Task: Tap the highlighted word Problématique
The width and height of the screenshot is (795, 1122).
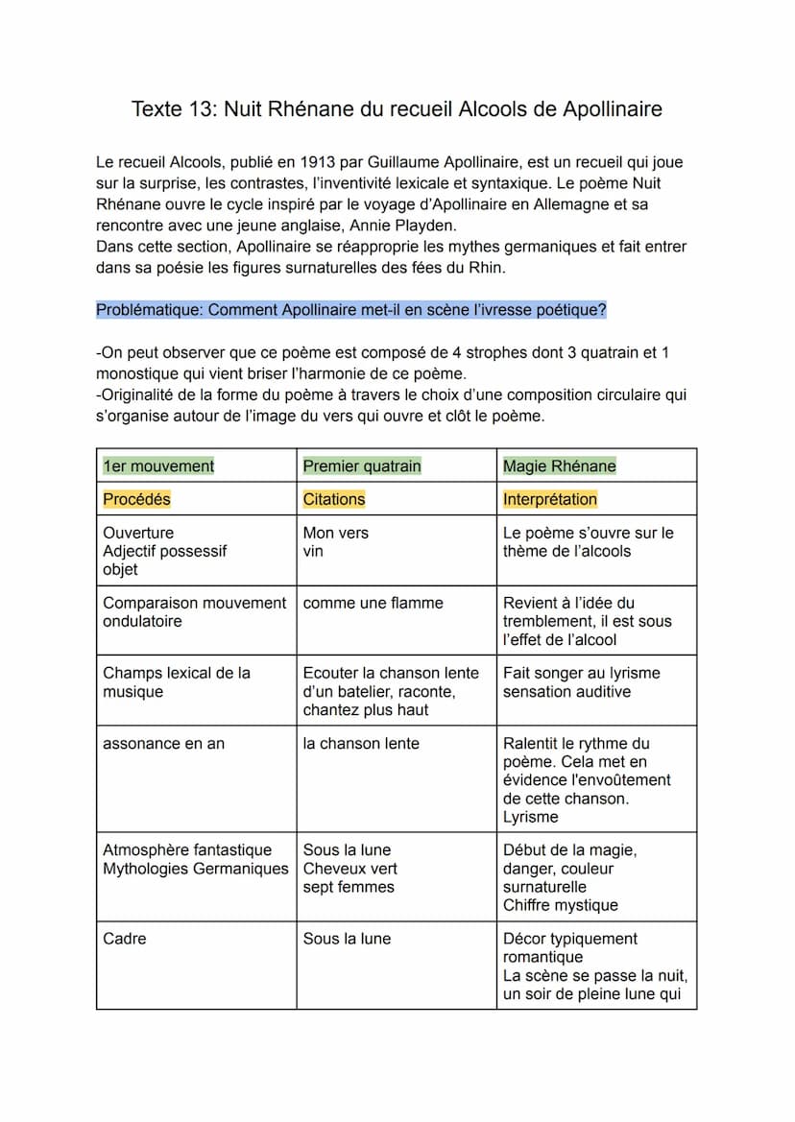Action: (x=149, y=310)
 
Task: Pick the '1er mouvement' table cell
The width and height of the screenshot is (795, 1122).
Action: (x=158, y=466)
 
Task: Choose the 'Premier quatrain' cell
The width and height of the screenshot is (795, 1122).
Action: (x=362, y=466)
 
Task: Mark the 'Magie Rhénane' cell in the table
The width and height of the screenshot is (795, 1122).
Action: (x=560, y=466)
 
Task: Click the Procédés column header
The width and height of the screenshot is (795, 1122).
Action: (x=136, y=499)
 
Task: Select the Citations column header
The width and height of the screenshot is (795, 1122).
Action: (x=334, y=499)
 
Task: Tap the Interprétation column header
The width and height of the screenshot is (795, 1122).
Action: (x=550, y=499)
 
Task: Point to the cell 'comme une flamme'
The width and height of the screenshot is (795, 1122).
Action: (x=373, y=604)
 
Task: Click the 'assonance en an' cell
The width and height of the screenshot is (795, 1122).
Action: (x=163, y=744)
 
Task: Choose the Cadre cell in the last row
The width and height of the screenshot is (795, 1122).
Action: (x=125, y=939)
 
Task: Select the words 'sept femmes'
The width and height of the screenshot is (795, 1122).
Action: (x=349, y=887)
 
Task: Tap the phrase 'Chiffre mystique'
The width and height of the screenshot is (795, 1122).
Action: (x=561, y=905)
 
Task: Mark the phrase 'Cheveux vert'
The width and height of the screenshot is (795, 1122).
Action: (x=350, y=869)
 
